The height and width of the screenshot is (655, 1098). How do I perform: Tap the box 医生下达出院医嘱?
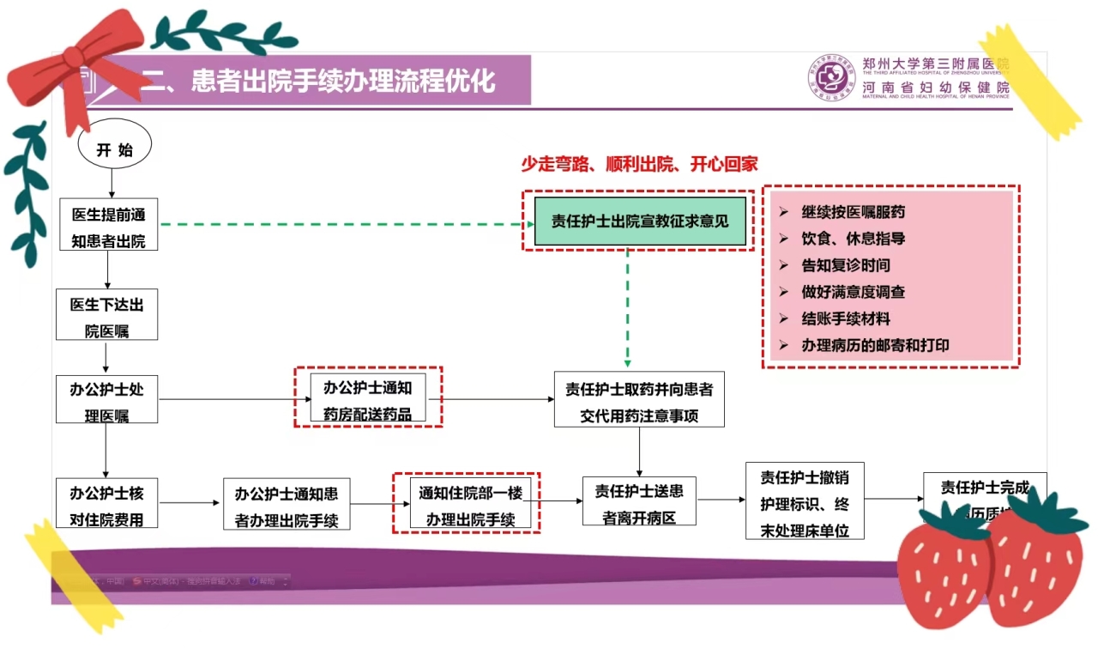[108, 315]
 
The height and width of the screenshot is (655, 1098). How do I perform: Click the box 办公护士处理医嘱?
[107, 400]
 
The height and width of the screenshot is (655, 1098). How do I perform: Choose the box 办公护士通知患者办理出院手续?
[287, 504]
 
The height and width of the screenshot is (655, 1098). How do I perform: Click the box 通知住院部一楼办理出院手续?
[468, 503]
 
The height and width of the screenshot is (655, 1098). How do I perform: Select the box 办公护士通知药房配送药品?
[368, 398]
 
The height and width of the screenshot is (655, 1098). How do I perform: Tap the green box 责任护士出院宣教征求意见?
[639, 221]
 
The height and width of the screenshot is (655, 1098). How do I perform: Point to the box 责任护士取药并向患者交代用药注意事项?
[639, 400]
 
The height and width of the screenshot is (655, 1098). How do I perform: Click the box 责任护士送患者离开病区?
[639, 501]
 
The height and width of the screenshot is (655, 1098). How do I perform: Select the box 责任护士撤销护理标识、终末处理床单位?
[805, 501]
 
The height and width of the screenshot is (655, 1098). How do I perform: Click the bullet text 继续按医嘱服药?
[853, 212]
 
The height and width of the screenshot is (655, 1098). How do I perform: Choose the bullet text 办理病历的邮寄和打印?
[875, 345]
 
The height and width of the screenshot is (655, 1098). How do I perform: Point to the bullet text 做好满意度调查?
[853, 292]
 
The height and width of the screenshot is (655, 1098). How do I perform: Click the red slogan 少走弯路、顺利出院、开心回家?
[639, 164]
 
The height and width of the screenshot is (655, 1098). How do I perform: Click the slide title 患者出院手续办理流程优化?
[318, 81]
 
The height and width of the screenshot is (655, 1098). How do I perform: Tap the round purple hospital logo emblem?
[830, 78]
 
